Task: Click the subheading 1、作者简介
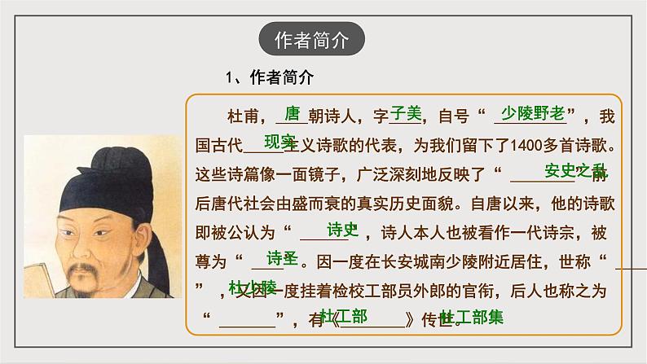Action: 268,77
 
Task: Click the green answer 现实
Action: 279,141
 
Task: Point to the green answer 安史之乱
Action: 575,171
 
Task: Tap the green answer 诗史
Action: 342,229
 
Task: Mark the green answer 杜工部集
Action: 471,316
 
